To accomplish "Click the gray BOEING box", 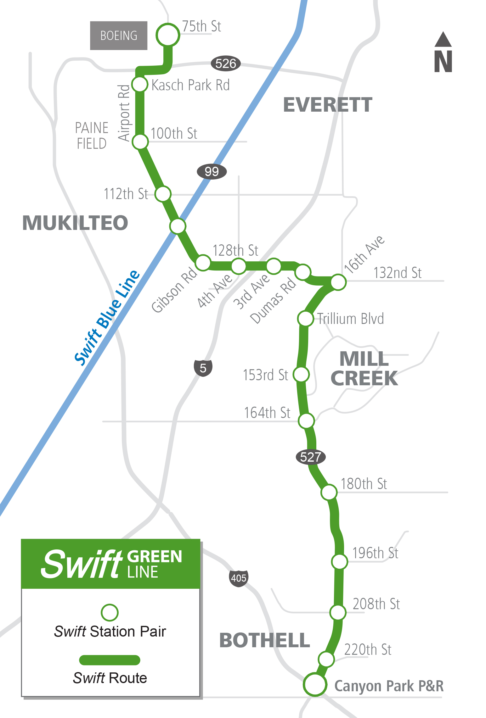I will (x=119, y=36).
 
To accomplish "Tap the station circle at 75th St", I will (x=168, y=35).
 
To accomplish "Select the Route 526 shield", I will (x=226, y=64).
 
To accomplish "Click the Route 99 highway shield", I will (x=212, y=171).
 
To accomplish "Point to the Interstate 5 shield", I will (x=203, y=368).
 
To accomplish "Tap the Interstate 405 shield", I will (x=239, y=578).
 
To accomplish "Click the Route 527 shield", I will (x=310, y=457).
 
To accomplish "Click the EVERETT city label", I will (x=328, y=105).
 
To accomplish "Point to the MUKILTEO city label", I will (x=75, y=223).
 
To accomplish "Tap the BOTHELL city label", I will (x=265, y=640).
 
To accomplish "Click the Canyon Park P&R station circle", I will (x=315, y=684).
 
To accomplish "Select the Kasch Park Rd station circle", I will (x=139, y=84).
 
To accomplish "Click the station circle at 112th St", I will (x=163, y=194).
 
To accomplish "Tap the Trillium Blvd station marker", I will (x=305, y=319).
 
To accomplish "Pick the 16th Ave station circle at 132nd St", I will (x=338, y=282).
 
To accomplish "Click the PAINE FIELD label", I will (x=92, y=136).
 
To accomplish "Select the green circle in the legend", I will (x=110, y=613).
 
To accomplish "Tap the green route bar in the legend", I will (x=110, y=660).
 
